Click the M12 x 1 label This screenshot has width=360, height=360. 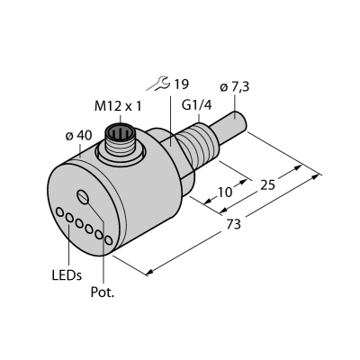tap(118, 106)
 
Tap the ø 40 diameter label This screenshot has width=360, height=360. tap(78, 136)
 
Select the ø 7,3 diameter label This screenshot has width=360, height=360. tap(235, 87)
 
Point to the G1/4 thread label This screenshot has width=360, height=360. tap(196, 105)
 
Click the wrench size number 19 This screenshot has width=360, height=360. tap(181, 85)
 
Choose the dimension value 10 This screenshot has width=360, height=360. tap(225, 192)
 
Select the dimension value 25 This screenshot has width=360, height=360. tap(267, 185)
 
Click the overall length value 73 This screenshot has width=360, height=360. tap(233, 224)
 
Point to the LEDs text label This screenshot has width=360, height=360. tap(67, 275)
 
